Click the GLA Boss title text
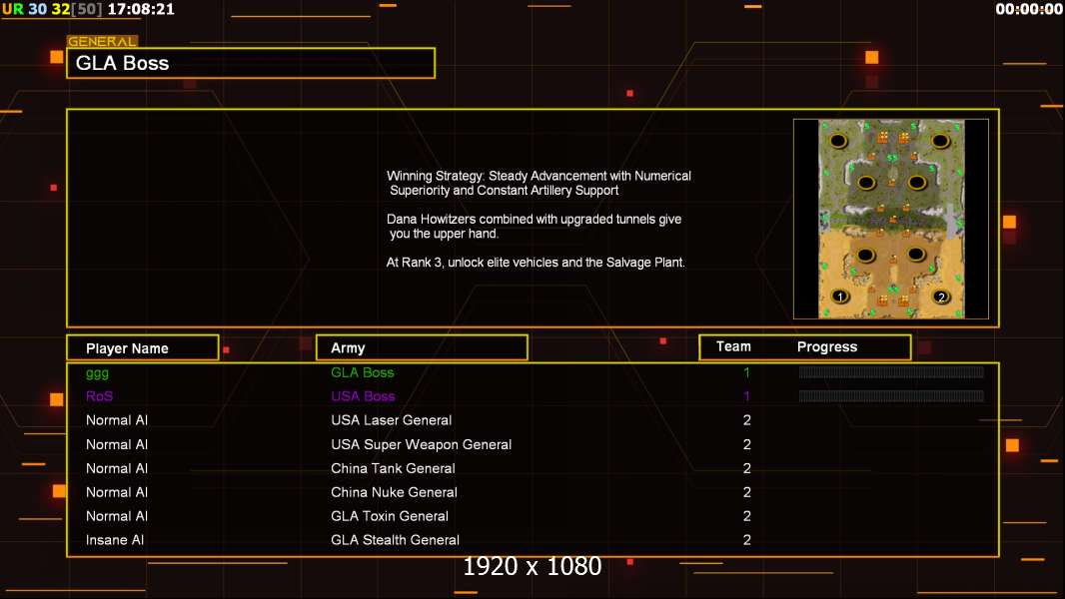[123, 63]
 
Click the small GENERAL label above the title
[102, 42]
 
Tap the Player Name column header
[127, 348]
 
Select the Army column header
[348, 348]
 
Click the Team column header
[733, 346]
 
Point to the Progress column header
[827, 347]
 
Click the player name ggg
[97, 372]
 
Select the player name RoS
[99, 396]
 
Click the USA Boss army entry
[363, 396]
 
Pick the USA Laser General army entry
[392, 420]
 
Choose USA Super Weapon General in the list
[422, 444]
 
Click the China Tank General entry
[393, 468]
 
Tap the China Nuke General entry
[394, 492]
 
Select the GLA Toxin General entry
[390, 516]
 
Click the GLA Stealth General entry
[396, 540]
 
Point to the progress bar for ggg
[891, 372]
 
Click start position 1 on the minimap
[840, 297]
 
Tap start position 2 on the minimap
[940, 297]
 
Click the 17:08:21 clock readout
[141, 9]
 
